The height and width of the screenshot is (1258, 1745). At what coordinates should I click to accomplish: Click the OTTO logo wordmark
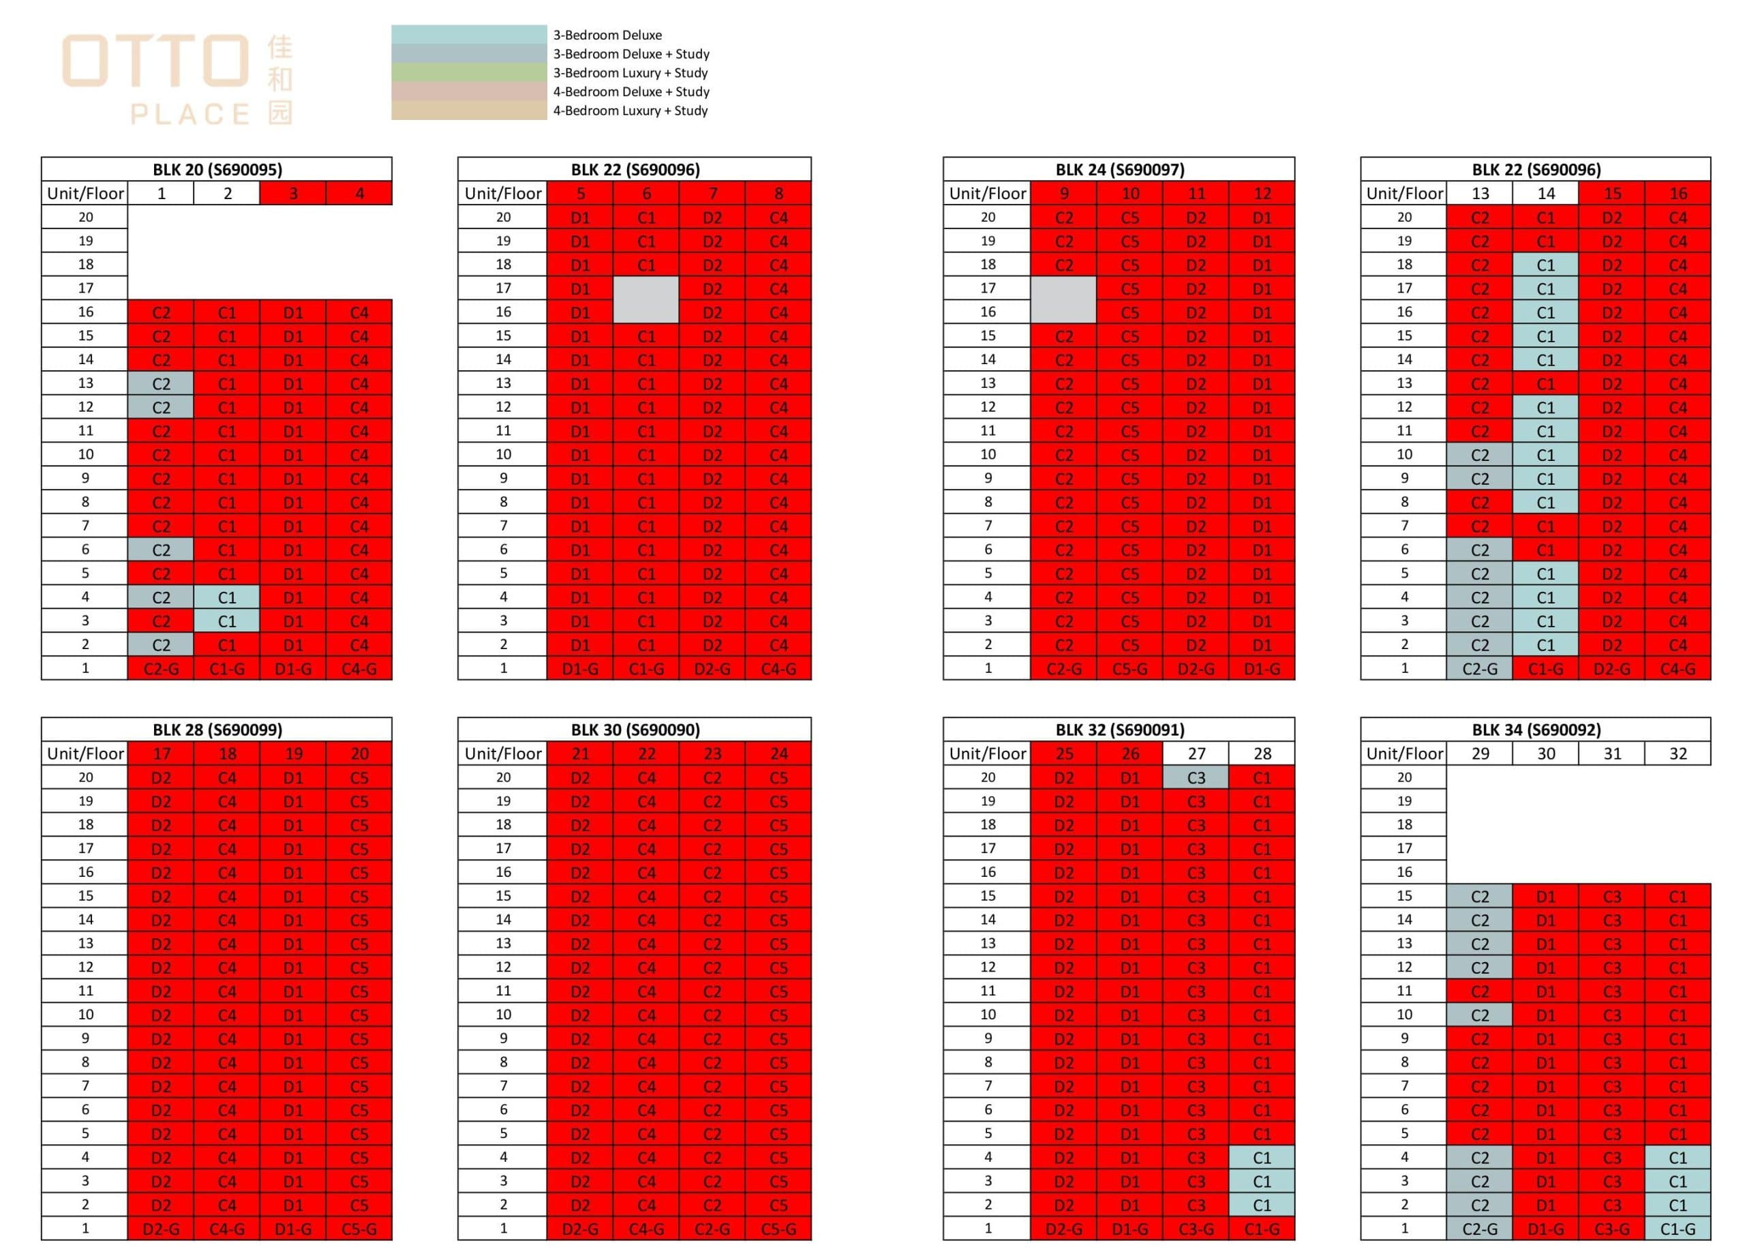pos(155,60)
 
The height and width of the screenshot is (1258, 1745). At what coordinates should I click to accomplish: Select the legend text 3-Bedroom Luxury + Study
pos(630,73)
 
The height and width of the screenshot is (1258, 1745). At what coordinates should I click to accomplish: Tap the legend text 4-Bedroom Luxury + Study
pos(630,110)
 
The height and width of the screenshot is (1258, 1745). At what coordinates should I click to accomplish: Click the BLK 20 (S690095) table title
pos(217,169)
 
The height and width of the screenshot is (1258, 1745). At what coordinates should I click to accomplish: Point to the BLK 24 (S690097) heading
pos(1119,169)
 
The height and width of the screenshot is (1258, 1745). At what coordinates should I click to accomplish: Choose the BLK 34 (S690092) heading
pos(1536,730)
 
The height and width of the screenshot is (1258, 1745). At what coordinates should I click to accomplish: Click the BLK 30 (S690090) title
pos(635,730)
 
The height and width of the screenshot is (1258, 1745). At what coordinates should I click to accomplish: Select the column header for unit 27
pos(1196,754)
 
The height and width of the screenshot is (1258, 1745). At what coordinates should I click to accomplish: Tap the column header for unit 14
pos(1545,194)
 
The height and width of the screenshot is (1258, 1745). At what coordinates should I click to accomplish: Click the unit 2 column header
pos(227,194)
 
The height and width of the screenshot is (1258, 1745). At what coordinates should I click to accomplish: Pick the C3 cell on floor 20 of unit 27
pos(1196,778)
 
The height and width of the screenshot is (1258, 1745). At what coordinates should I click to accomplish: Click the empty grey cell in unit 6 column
pos(646,300)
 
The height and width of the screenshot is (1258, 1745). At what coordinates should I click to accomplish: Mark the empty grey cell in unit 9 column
pos(1063,300)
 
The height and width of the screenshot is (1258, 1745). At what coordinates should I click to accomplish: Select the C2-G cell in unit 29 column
pos(1478,1229)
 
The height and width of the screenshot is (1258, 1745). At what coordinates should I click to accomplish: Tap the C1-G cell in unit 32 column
pos(1678,1229)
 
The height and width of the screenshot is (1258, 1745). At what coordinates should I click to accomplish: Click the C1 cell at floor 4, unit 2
pos(227,597)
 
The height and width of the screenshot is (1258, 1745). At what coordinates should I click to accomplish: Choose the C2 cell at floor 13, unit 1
pos(161,384)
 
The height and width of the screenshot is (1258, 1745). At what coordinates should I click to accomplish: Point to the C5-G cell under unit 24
pos(778,1229)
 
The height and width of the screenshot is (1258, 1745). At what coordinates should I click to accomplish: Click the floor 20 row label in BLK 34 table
pos(1404,777)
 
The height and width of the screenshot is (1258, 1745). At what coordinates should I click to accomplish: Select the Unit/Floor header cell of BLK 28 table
pos(85,754)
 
